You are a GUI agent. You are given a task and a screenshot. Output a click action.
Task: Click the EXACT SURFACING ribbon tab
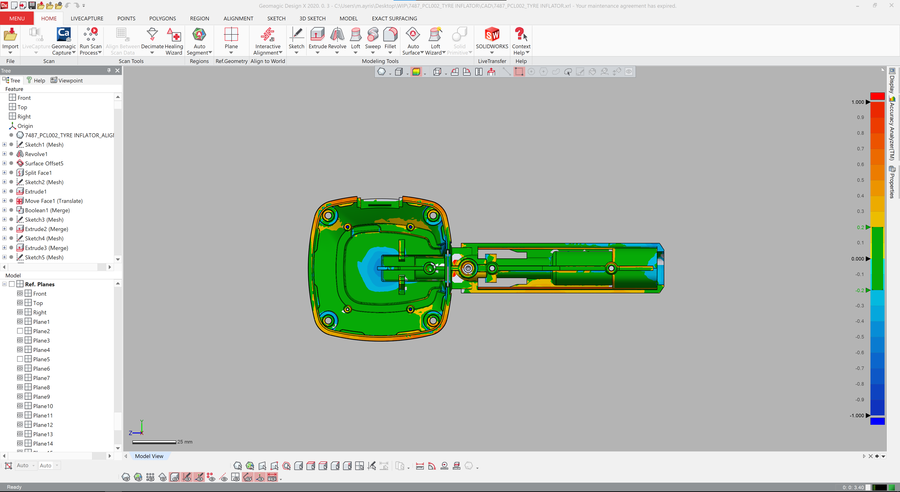(394, 19)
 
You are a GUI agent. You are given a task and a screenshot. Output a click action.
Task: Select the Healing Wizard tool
(174, 41)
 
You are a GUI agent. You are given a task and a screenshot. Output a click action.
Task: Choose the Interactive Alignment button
(268, 41)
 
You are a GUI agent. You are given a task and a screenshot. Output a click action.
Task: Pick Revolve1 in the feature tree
(36, 154)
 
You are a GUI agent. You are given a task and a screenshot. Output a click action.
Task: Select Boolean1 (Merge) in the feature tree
(47, 210)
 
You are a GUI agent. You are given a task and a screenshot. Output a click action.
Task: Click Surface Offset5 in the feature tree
(44, 164)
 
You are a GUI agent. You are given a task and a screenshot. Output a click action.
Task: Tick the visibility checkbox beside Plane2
(20, 331)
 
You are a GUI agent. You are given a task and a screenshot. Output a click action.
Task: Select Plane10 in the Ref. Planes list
(43, 406)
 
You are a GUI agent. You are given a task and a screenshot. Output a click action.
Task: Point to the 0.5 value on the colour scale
(860, 180)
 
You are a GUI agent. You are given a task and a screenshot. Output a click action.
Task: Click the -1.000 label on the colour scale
(857, 416)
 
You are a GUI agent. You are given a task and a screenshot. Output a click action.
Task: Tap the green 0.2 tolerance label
(860, 227)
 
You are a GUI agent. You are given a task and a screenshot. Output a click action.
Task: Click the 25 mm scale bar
(154, 442)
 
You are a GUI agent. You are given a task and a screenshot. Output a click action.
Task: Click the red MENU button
(17, 19)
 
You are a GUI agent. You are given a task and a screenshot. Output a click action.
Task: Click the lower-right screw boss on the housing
(433, 320)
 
